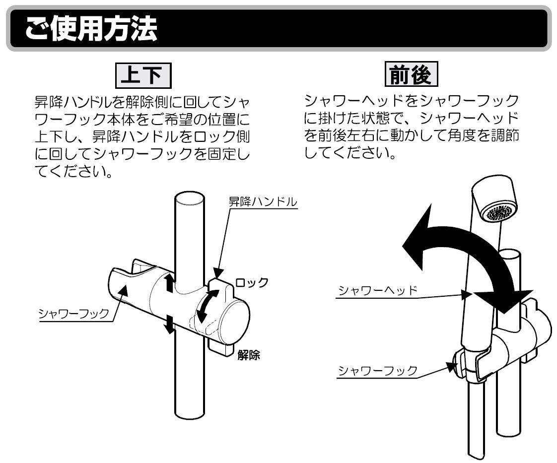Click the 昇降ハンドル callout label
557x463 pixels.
[x=262, y=202]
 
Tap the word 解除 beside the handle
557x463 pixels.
[x=249, y=355]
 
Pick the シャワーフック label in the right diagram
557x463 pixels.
[x=377, y=371]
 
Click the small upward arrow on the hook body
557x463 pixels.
[x=170, y=282]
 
